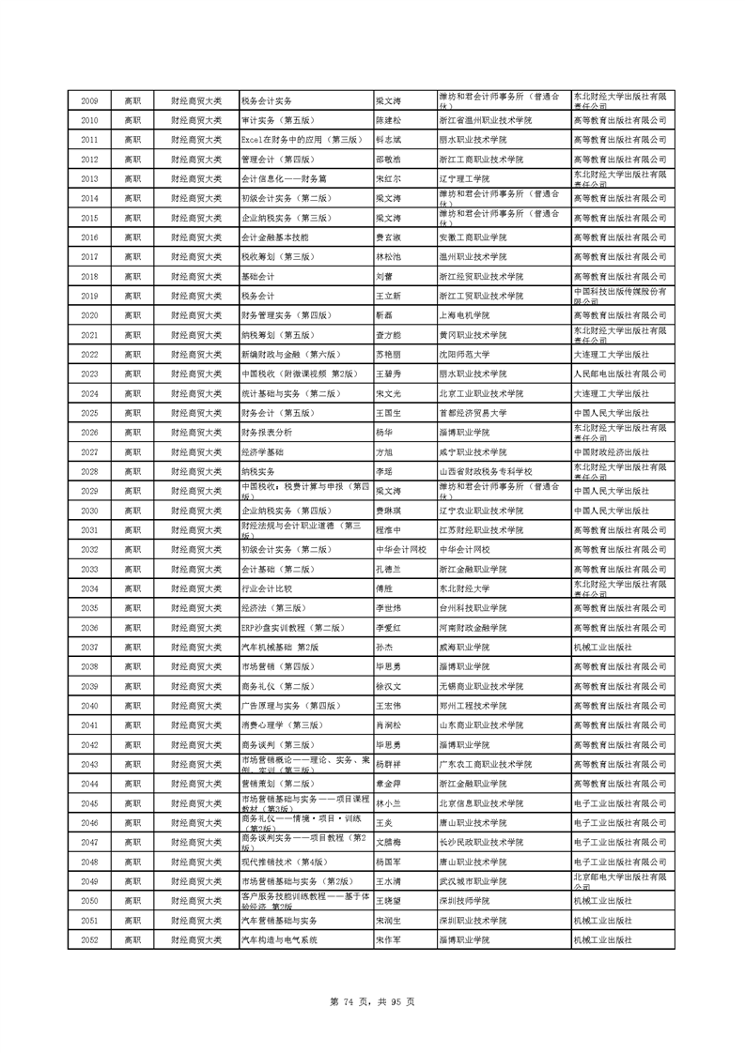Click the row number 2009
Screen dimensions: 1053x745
coord(89,100)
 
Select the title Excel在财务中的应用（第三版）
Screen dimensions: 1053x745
coord(301,139)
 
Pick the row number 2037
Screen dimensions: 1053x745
coord(89,647)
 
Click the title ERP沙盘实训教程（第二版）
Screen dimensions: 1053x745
coord(291,627)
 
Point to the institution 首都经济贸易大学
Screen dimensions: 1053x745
coord(473,413)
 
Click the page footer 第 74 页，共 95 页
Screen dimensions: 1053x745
coord(372,1001)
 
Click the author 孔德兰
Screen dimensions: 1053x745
coord(388,569)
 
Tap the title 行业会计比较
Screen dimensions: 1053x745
coord(267,588)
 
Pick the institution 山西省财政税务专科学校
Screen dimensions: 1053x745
coord(486,471)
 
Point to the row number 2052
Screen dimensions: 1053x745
coord(89,939)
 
